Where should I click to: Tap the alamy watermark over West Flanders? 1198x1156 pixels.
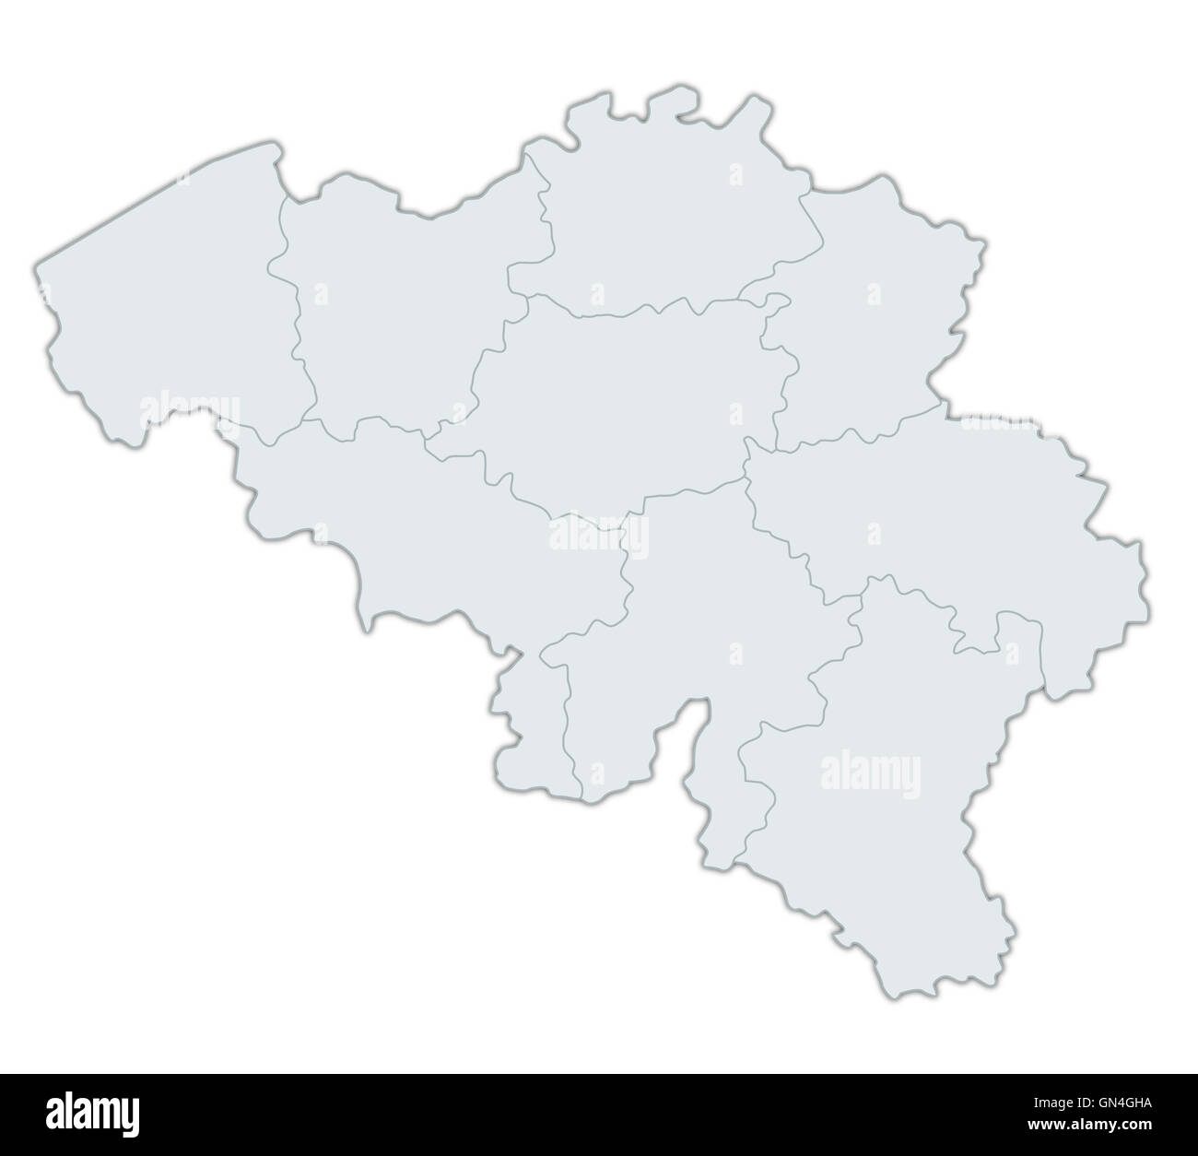(190, 409)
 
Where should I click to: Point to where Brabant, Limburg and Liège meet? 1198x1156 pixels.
(777, 451)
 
